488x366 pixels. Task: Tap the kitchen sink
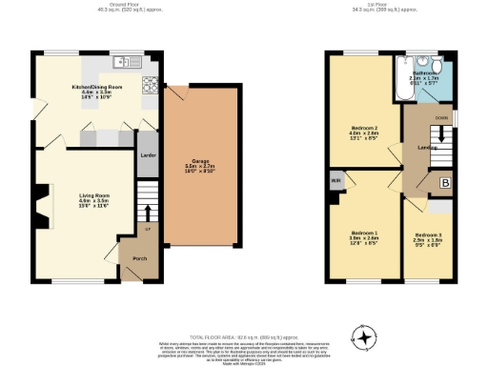(x=122, y=63)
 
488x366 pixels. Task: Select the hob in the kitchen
(x=149, y=87)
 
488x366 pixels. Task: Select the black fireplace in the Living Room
(x=41, y=203)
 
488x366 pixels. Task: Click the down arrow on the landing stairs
(x=440, y=137)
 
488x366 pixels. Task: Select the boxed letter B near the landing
(x=444, y=182)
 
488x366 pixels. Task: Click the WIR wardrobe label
(x=335, y=180)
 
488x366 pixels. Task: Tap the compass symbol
(x=363, y=335)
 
